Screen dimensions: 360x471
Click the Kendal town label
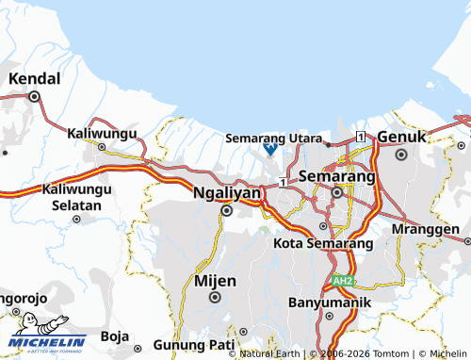34,78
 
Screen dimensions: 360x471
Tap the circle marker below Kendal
34,96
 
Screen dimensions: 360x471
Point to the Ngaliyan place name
225,192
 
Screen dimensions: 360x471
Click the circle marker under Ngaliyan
226,211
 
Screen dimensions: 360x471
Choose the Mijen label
215,280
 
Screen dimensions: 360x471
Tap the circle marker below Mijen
215,298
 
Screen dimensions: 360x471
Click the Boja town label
114,335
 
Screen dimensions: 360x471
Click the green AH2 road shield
341,281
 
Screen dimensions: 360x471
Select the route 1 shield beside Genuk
362,138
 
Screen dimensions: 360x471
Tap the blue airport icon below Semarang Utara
269,149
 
